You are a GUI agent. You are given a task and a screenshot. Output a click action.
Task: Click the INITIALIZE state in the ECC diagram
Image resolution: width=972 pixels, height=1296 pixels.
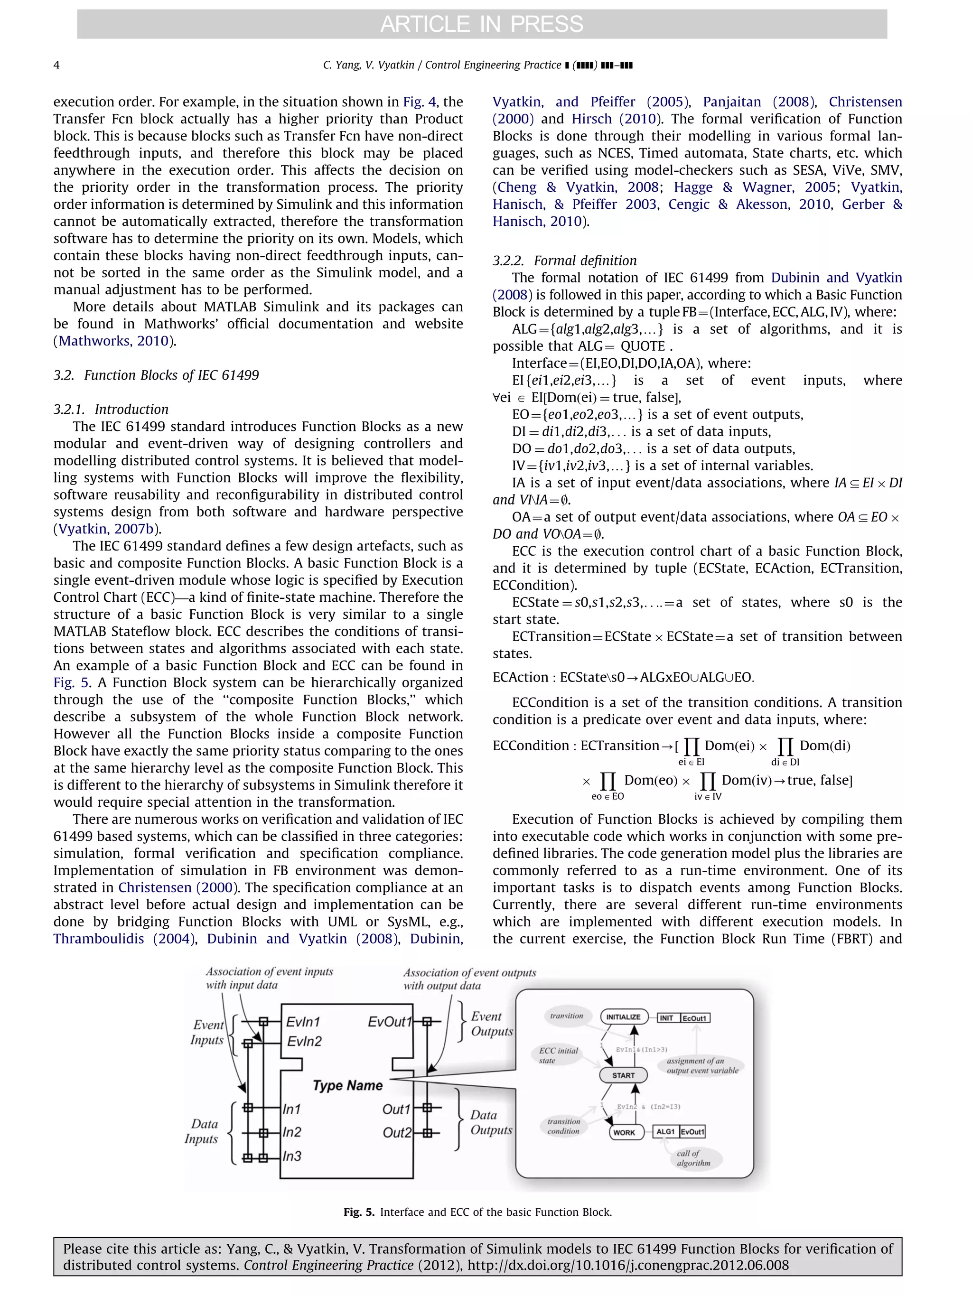pos(623,1017)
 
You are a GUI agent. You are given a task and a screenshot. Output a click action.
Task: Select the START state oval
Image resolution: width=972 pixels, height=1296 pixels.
pos(623,1075)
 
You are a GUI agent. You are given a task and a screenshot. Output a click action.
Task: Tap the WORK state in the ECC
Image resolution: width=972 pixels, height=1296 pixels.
pos(624,1133)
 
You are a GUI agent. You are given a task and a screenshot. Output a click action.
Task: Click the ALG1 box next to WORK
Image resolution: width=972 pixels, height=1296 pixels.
pos(665,1132)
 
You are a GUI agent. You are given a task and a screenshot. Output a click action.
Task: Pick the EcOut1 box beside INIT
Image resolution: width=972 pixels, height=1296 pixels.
pos(695,1018)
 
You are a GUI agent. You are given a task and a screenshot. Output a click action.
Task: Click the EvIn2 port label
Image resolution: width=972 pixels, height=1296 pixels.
pos(304,1041)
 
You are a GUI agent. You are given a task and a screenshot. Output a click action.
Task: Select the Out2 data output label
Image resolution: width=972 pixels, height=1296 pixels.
pos(397,1133)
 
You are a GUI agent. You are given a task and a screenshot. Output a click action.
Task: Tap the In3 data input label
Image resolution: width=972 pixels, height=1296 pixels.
pos(292,1156)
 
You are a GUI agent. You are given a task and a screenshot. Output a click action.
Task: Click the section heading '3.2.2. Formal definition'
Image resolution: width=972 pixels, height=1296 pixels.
pos(564,261)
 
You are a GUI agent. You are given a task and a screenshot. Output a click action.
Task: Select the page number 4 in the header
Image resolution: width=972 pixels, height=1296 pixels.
pos(56,65)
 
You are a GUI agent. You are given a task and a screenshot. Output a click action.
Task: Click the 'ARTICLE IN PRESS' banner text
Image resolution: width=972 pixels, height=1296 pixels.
pos(482,24)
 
